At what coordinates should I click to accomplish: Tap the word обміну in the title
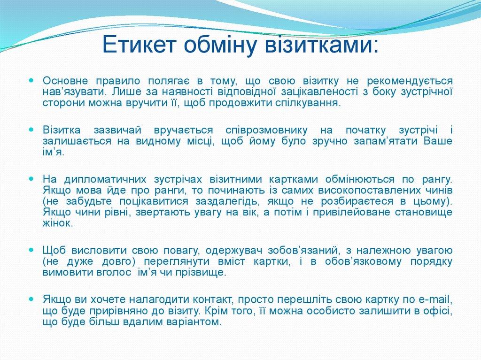point(213,46)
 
